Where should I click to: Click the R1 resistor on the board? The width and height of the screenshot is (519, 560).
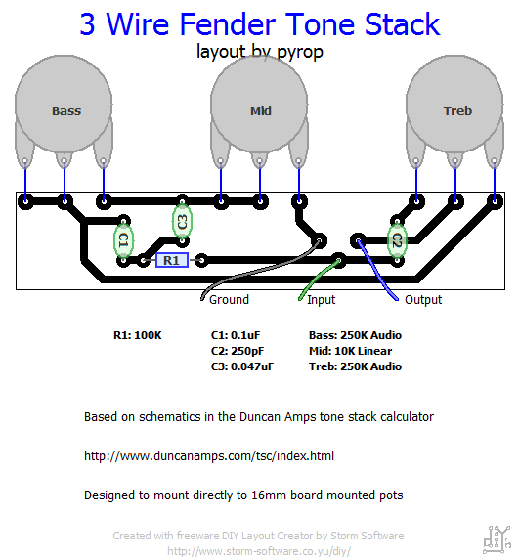[x=172, y=260]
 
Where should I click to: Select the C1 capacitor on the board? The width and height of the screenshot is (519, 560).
[x=123, y=240]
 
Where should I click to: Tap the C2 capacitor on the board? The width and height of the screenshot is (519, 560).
[x=397, y=240]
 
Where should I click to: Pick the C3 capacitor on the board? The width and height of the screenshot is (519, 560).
[x=182, y=222]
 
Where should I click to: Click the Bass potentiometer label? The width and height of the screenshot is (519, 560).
[x=66, y=111]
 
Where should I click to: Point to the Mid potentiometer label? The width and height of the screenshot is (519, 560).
[x=261, y=111]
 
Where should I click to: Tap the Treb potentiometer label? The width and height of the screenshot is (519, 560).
[x=457, y=111]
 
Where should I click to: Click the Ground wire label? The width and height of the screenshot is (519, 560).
[x=229, y=300]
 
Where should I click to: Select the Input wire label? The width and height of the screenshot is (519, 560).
[x=322, y=300]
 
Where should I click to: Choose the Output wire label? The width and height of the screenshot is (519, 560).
[x=423, y=300]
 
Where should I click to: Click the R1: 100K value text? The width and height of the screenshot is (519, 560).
[x=138, y=336]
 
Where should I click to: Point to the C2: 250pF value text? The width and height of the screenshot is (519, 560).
[x=238, y=352]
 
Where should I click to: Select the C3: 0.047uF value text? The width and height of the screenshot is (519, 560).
[x=242, y=366]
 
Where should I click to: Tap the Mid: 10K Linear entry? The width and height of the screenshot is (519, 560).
[x=351, y=351]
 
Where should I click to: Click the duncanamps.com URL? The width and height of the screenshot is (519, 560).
[x=209, y=456]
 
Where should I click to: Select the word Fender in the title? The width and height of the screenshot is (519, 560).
[x=228, y=24]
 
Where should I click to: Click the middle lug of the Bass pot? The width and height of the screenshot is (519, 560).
[x=65, y=161]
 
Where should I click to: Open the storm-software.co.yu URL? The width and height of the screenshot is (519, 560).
[x=259, y=551]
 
